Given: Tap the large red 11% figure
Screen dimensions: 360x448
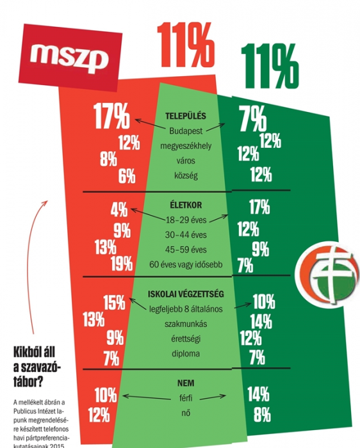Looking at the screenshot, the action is pyautogui.click(x=186, y=45).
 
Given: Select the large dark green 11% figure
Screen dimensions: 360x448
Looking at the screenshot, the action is pyautogui.click(x=270, y=66).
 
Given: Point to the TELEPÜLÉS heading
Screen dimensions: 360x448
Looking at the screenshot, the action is pyautogui.click(x=186, y=116).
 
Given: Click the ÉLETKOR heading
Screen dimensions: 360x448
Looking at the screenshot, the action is pyautogui.click(x=186, y=205).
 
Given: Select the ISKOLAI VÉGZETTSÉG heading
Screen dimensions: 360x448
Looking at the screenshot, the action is pyautogui.click(x=186, y=294).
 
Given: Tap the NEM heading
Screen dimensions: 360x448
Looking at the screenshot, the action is pyautogui.click(x=186, y=383).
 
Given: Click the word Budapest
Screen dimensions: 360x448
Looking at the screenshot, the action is pyautogui.click(x=186, y=131).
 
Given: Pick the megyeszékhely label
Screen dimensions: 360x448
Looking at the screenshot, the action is pyautogui.click(x=186, y=146).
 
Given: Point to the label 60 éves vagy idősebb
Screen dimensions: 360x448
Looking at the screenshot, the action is pyautogui.click(x=186, y=264).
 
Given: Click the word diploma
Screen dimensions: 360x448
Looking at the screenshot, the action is pyautogui.click(x=186, y=354).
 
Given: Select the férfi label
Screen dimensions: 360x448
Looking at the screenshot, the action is pyautogui.click(x=186, y=397).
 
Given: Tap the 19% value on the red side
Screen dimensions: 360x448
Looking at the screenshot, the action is pyautogui.click(x=122, y=264).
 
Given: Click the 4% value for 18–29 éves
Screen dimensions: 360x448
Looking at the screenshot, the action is pyautogui.click(x=119, y=210).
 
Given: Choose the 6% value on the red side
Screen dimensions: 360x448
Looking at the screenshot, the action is pyautogui.click(x=127, y=176).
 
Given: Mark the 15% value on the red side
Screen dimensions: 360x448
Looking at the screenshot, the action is pyautogui.click(x=114, y=303).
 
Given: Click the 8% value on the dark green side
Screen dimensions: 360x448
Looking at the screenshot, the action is pyautogui.click(x=262, y=415).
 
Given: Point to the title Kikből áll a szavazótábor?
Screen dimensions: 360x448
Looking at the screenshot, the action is pyautogui.click(x=37, y=367).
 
